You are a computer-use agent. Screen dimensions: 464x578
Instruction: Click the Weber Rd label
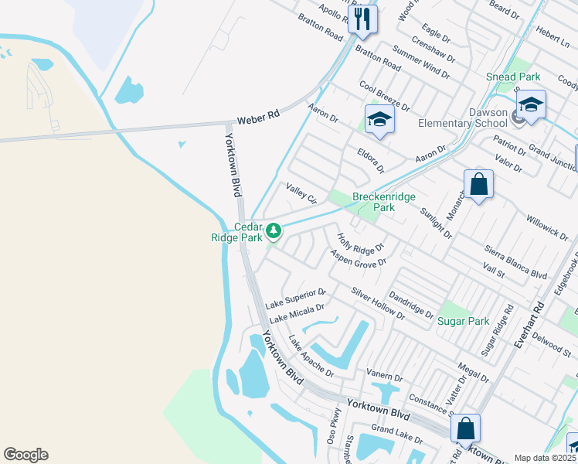pos(257,118)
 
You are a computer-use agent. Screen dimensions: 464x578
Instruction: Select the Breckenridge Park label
pos(374,202)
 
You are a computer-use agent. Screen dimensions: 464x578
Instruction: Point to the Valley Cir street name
pos(302,193)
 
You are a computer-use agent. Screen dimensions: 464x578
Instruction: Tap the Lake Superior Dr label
pos(296,298)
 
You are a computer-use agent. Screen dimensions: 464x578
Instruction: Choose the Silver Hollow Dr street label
pos(378,304)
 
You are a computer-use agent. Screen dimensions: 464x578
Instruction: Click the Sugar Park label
pos(464,320)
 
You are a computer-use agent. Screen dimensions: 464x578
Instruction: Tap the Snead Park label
pos(513,77)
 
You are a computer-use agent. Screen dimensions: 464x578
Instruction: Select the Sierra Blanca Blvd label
pos(515,262)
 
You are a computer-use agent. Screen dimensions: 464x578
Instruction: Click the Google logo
pos(25,455)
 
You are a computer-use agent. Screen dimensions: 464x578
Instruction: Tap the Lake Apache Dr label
pos(311,357)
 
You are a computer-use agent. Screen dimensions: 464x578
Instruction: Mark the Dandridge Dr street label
pos(411,304)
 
